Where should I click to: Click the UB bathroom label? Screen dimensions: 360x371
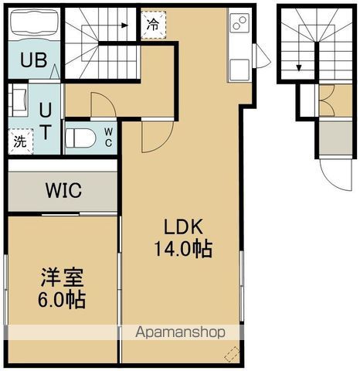(34, 60)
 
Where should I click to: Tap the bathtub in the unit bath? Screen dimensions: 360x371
(34, 22)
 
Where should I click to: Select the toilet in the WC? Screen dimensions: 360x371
(80, 138)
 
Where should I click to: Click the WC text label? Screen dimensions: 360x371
(108, 138)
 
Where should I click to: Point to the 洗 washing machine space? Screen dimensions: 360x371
(21, 141)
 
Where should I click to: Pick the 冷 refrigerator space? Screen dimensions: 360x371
(153, 25)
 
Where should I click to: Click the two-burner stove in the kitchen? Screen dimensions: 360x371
(240, 23)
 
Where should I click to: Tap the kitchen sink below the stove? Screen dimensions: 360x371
(239, 70)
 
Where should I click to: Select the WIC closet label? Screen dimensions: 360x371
(63, 190)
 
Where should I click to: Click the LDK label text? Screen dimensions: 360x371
(184, 226)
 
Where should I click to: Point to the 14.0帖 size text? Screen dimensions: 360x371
(183, 249)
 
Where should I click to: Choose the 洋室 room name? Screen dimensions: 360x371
(63, 277)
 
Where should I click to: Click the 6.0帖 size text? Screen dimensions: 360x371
(62, 300)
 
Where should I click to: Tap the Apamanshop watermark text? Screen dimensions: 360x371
(180, 332)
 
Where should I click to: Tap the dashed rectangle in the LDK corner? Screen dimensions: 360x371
(232, 354)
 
